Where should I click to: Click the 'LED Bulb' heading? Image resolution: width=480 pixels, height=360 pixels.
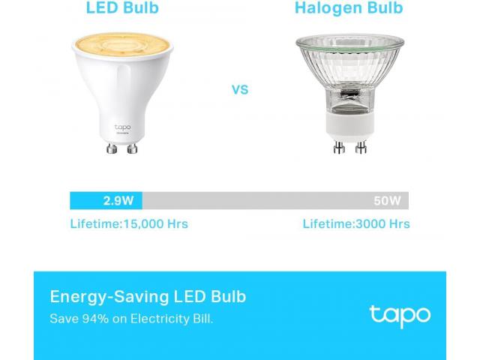click(122, 7)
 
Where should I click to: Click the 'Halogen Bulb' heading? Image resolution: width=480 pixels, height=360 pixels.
click(349, 8)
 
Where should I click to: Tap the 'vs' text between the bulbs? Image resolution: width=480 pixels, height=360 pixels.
click(240, 90)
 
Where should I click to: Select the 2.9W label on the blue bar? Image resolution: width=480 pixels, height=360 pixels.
click(118, 201)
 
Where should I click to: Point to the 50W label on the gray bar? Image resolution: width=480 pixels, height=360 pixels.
click(387, 201)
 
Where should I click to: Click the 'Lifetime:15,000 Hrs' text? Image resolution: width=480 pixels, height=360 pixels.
click(129, 223)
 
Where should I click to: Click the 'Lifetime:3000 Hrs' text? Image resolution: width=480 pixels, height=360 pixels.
click(356, 223)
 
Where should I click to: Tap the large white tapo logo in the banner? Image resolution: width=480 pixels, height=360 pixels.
click(400, 316)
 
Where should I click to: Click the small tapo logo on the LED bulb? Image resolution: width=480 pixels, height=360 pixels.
click(123, 127)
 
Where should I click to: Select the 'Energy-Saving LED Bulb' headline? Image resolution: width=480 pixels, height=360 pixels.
click(148, 297)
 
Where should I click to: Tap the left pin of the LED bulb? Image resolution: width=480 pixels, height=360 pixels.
click(112, 148)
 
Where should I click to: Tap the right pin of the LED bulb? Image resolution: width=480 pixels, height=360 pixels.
click(132, 148)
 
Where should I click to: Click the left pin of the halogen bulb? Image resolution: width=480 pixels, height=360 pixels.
click(339, 147)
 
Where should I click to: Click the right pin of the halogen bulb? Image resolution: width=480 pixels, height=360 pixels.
click(361, 147)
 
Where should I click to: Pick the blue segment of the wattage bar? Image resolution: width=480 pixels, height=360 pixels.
click(106, 201)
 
